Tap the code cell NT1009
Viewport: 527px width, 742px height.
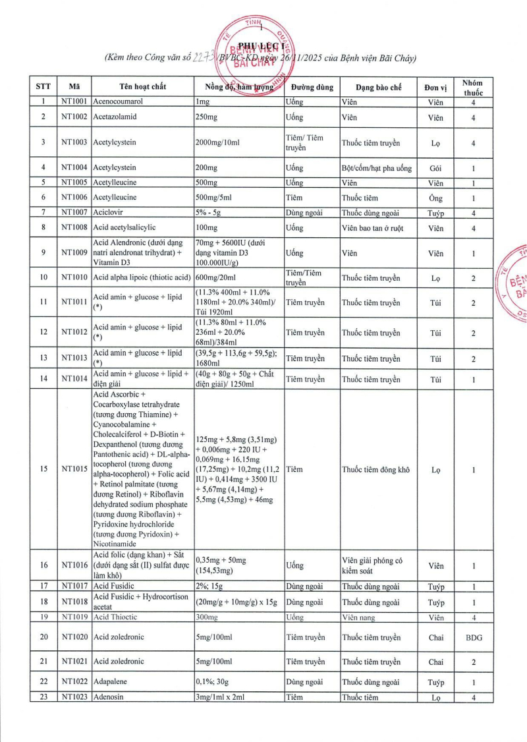pos(74,253)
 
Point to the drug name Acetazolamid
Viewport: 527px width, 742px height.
pos(117,117)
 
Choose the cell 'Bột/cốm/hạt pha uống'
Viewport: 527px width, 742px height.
pos(376,168)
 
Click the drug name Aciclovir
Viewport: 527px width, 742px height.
pos(109,212)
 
